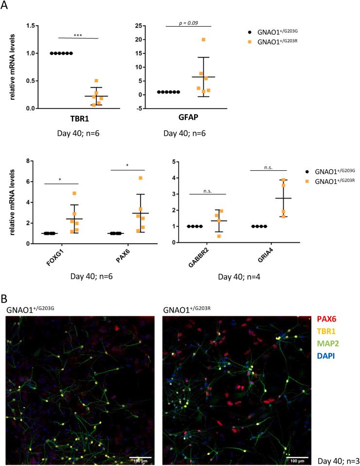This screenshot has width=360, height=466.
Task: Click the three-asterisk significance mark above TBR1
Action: [x=78, y=35]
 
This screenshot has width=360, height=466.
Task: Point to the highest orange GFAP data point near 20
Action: [x=203, y=39]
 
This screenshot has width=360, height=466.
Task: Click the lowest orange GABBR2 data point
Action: [x=205, y=236]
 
